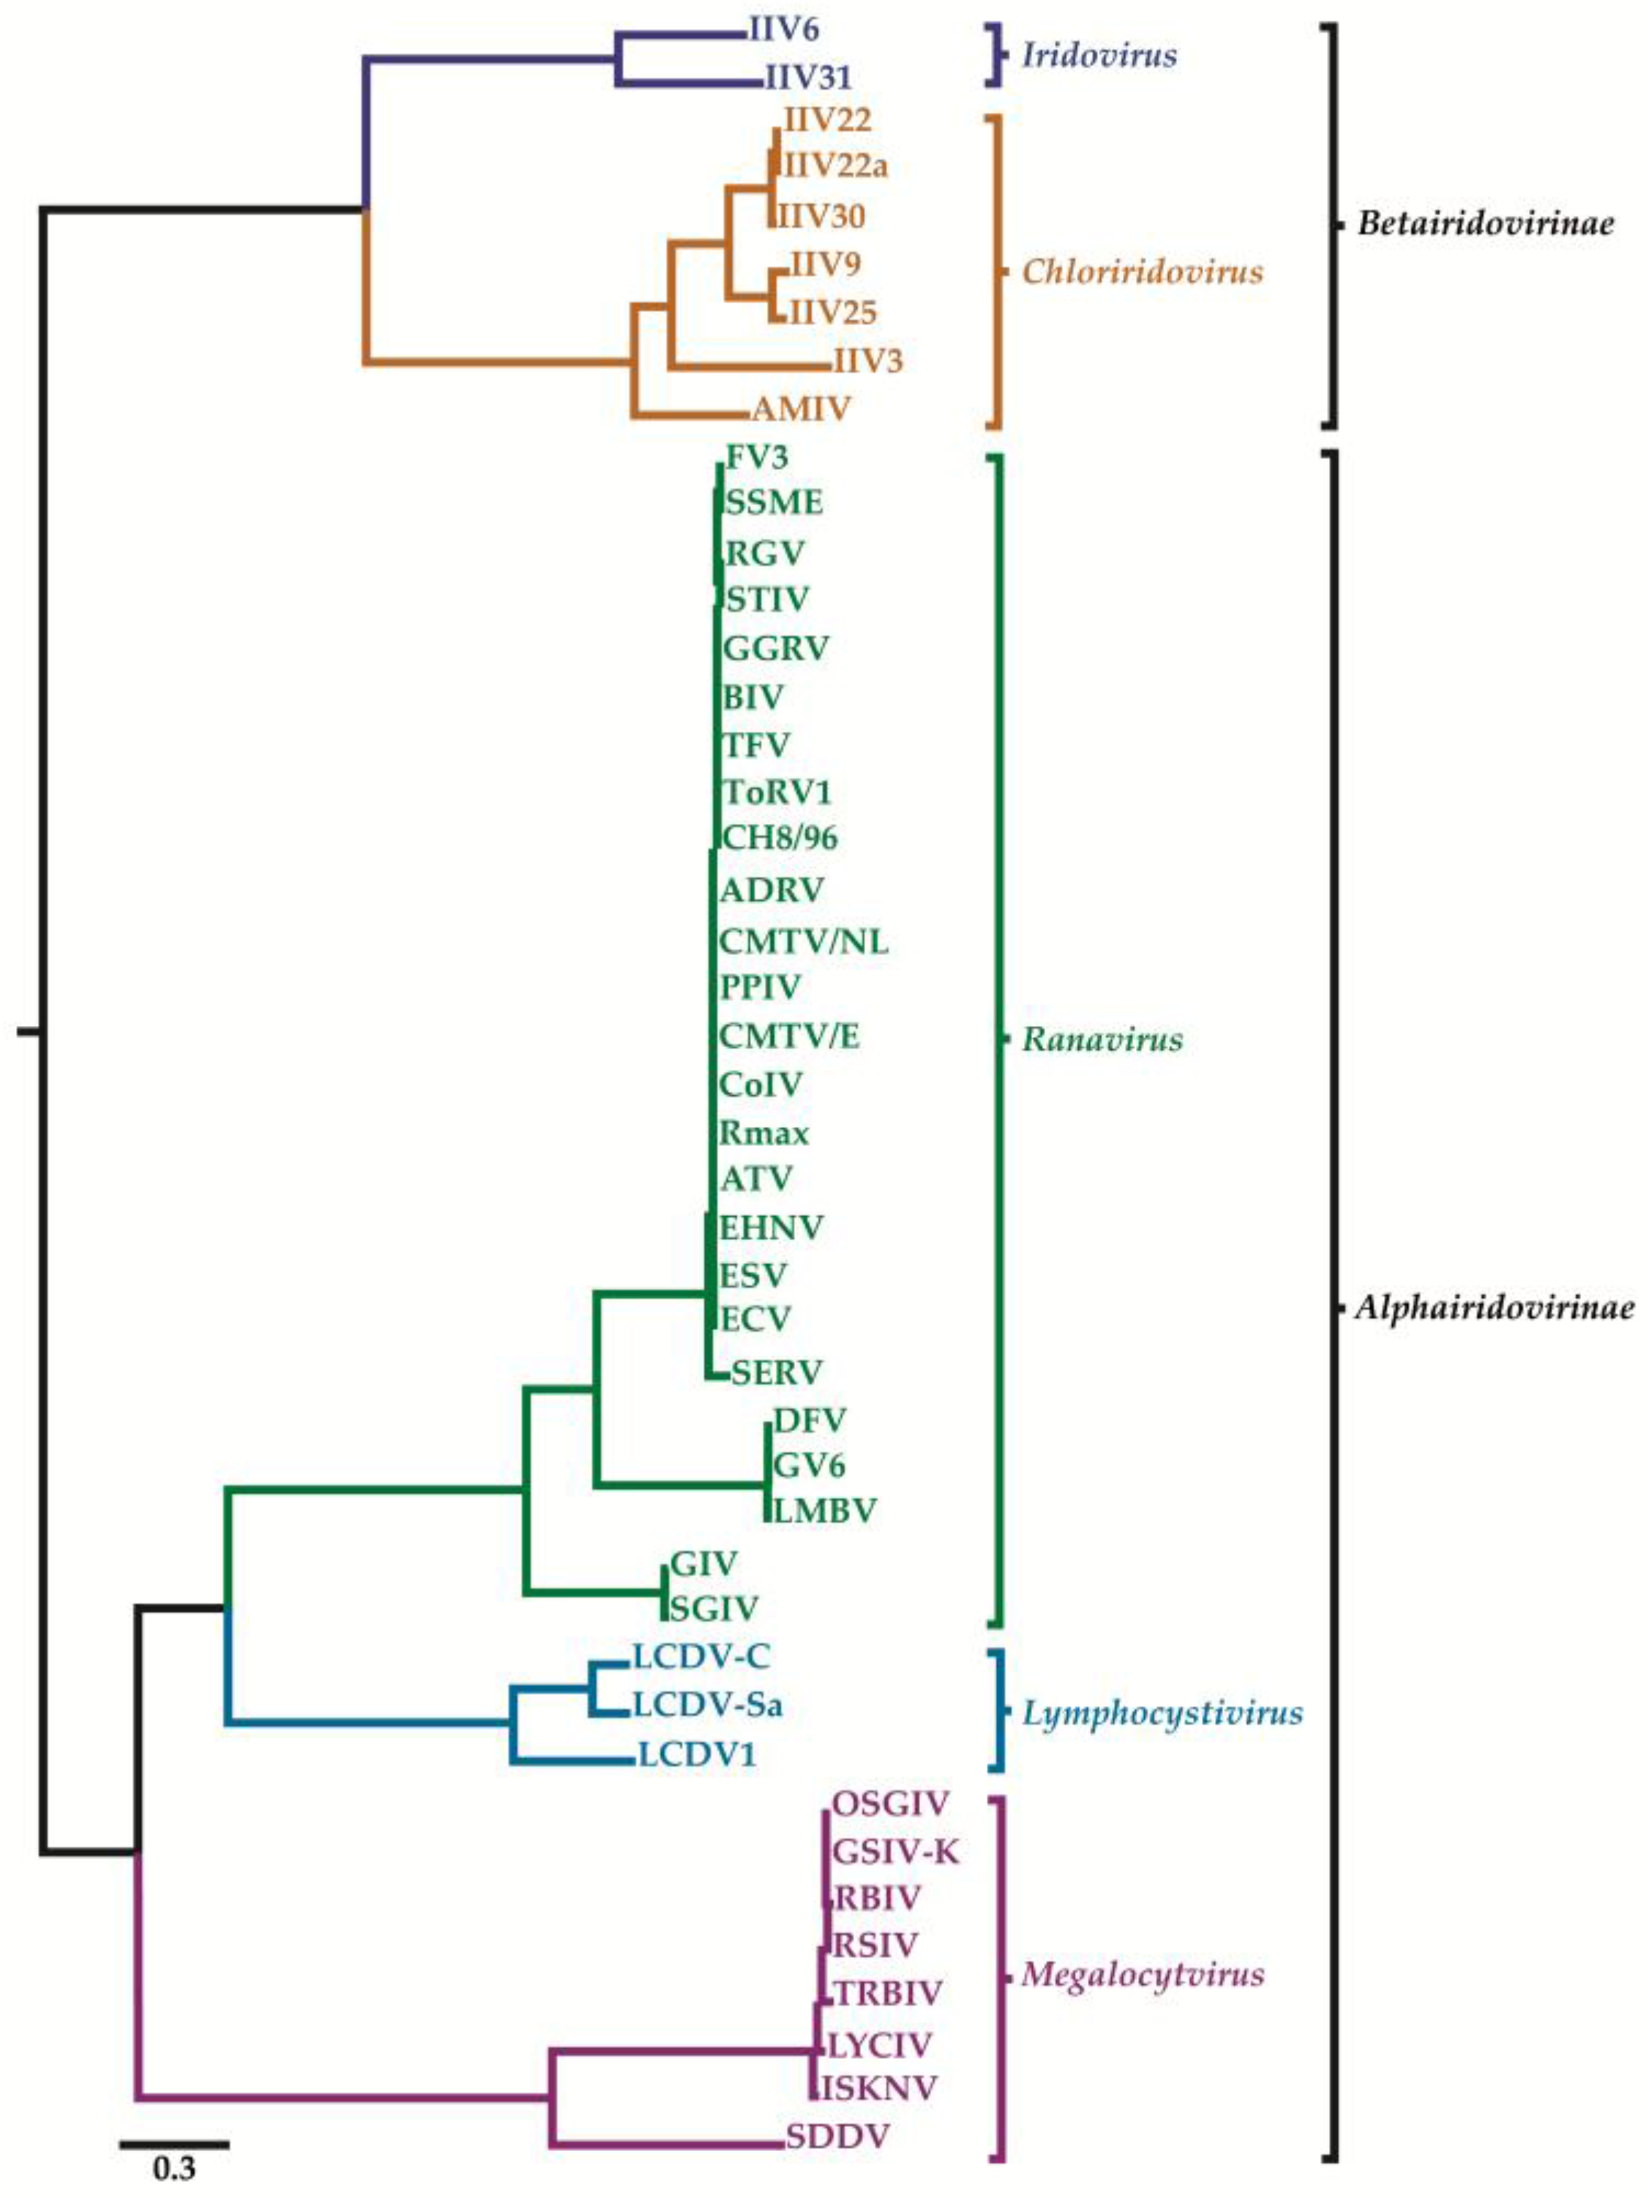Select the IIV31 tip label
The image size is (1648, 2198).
(808, 77)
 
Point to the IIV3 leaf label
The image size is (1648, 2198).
(868, 360)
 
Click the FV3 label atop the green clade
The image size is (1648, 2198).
(757, 457)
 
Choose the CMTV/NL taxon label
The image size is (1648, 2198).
(803, 940)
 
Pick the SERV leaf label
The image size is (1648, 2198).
(776, 1372)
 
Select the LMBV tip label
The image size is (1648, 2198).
(824, 1511)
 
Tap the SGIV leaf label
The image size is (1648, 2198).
(714, 1608)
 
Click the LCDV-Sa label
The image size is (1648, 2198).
(707, 1705)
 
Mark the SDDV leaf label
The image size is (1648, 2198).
(837, 2137)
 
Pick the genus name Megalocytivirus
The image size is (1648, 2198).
(1143, 1974)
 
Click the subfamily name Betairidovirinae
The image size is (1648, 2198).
(1485, 224)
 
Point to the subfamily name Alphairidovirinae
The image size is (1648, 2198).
(1494, 1307)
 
